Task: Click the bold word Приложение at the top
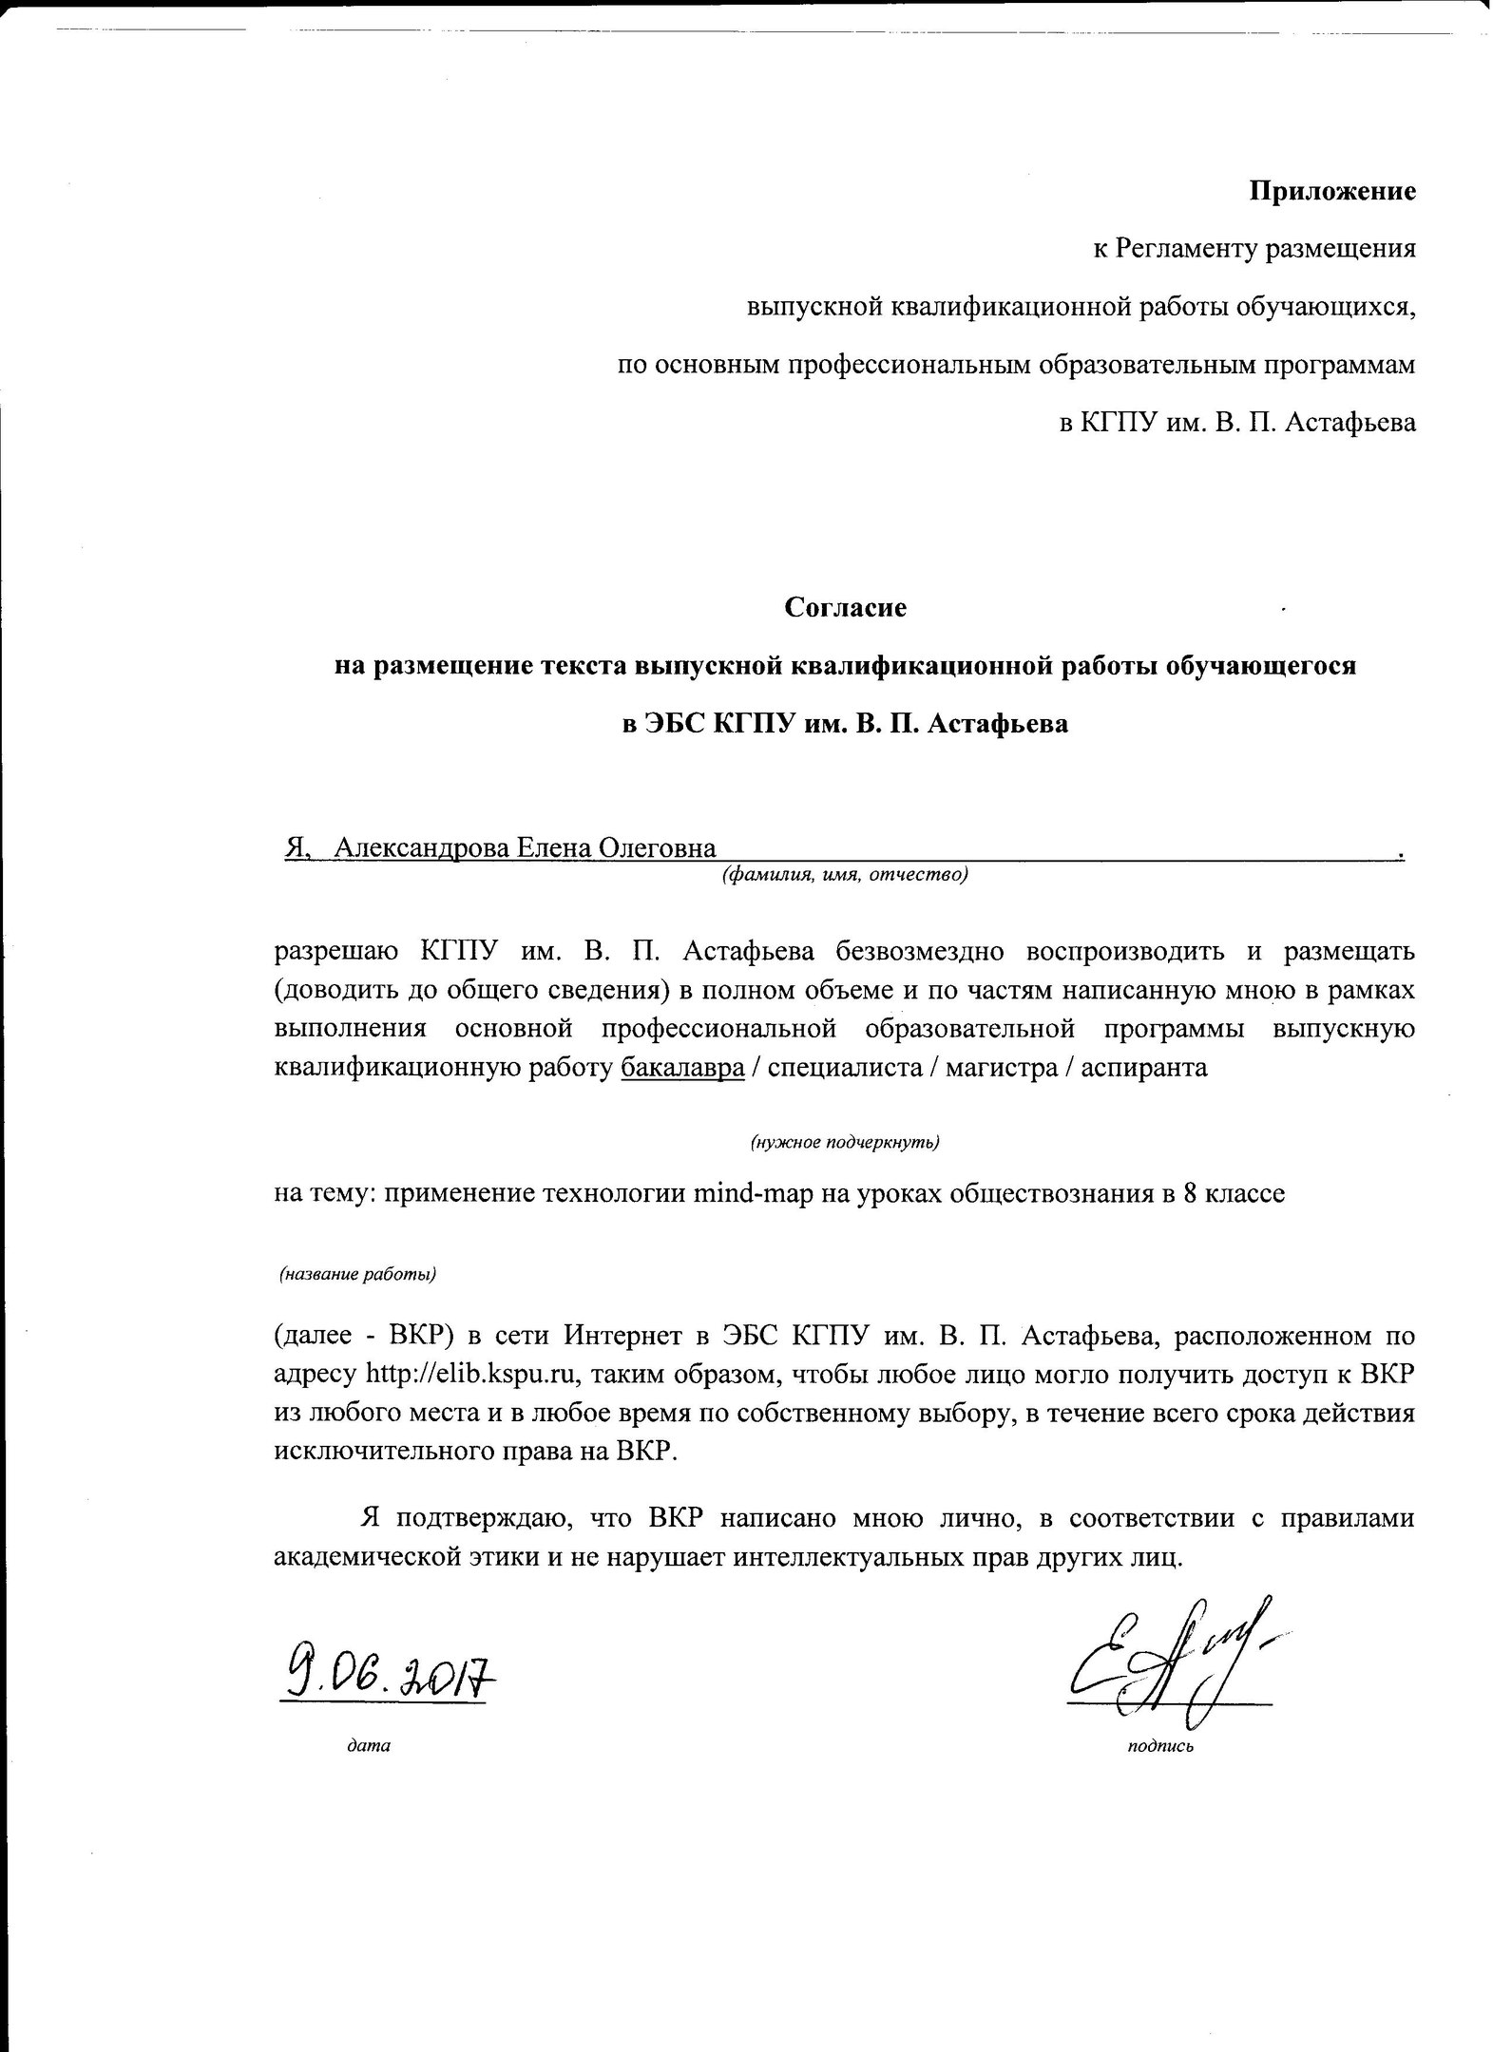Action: [1331, 192]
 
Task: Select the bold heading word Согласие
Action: [845, 607]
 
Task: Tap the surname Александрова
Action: [420, 847]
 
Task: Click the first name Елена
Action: [552, 847]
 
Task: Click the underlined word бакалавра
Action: [681, 1068]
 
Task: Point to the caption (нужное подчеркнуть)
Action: [845, 1142]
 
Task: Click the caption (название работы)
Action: [357, 1275]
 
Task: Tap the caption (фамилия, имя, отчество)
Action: [845, 875]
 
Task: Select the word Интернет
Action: [624, 1337]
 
